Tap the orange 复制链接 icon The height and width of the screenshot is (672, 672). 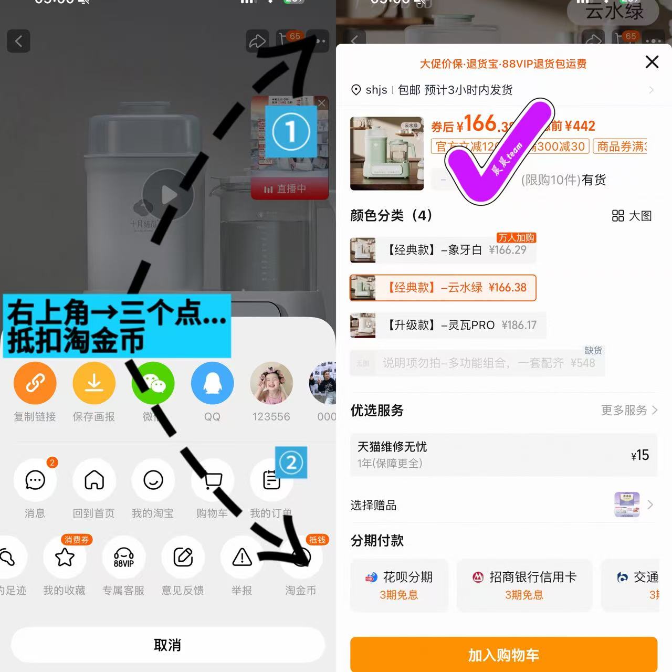pos(35,383)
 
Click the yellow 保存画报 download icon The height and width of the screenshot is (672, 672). pos(94,383)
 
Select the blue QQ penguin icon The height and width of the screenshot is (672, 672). pos(212,383)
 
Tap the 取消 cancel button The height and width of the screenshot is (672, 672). pos(167,645)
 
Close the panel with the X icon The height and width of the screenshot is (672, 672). pos(652,62)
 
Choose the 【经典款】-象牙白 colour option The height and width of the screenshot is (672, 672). pos(443,250)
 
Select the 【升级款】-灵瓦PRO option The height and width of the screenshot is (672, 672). pos(448,325)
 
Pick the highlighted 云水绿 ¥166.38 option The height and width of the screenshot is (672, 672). pos(443,288)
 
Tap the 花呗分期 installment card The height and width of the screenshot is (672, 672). pos(399,585)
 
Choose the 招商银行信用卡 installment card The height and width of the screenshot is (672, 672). pos(524,585)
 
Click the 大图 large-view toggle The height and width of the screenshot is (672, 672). pos(632,216)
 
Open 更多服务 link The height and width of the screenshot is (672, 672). pos(628,410)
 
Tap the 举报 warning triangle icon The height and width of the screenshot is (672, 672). pos(242,557)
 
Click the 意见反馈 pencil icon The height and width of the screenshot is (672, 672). pos(183,557)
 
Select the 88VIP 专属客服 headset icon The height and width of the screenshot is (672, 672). pos(124,557)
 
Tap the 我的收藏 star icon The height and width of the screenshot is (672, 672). pos(65,557)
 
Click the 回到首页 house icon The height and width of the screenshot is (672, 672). pos(94,480)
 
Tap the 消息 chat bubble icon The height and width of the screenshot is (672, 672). pos(35,480)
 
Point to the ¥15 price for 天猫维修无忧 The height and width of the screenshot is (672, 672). pos(640,455)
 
